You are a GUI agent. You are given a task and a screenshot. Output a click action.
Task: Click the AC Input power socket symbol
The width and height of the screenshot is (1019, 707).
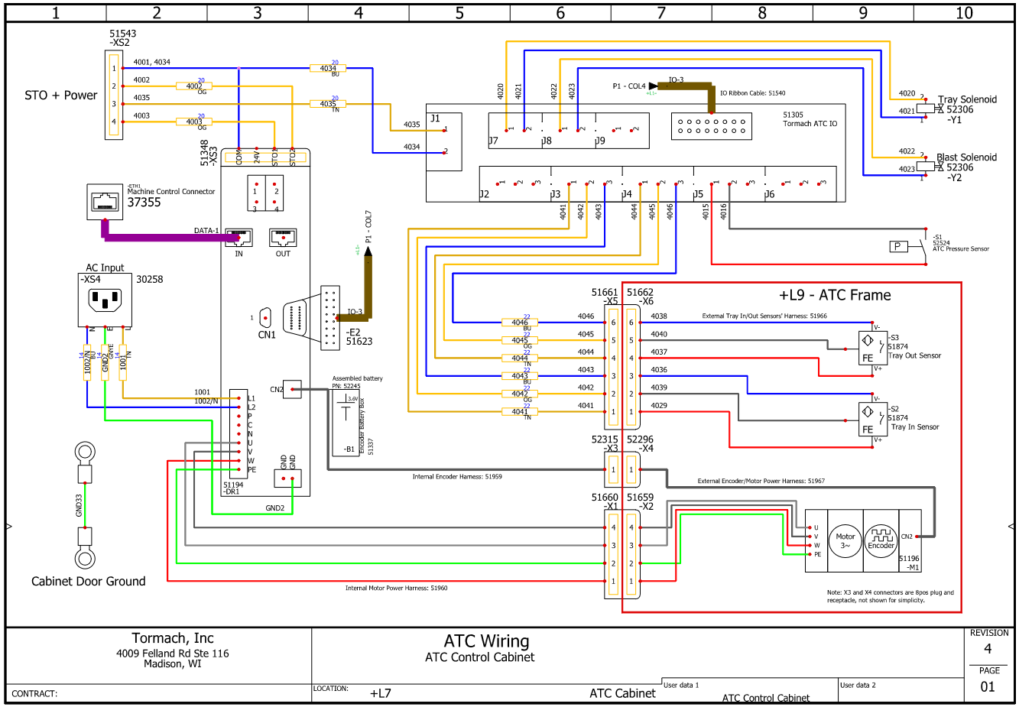105,300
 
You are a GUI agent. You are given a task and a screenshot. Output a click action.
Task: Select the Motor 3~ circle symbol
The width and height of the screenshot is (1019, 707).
845,541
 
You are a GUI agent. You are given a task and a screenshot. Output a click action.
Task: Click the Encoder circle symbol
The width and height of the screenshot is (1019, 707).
881,541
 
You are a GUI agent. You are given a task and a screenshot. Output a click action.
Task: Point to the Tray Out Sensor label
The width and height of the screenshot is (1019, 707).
914,355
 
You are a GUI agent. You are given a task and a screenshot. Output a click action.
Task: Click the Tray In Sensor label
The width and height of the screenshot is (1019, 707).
914,427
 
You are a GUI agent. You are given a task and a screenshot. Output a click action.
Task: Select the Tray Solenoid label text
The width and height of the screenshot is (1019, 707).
967,99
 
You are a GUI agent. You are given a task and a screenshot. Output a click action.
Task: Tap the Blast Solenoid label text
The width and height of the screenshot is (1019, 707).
966,157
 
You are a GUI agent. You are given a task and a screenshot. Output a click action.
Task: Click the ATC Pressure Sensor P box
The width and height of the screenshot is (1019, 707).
897,246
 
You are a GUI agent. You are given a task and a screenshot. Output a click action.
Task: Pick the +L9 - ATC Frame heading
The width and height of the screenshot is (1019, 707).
835,295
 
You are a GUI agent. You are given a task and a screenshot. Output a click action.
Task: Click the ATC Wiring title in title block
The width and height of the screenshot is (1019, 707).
486,641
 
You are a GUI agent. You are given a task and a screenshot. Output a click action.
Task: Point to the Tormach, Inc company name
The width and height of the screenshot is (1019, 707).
173,638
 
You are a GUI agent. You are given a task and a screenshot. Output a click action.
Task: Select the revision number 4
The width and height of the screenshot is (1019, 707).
988,649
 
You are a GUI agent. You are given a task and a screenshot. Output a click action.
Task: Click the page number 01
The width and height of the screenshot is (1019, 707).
988,686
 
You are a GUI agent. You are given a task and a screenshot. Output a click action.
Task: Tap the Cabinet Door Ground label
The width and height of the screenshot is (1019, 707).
88,582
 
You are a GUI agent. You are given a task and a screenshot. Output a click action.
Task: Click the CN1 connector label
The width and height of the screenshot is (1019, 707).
266,335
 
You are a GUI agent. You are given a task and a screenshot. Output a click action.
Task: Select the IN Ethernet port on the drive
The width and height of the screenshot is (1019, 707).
239,238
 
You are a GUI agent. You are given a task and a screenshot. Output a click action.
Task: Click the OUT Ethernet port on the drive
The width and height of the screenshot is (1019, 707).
283,238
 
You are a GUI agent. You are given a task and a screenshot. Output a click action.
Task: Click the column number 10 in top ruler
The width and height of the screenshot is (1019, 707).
964,12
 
